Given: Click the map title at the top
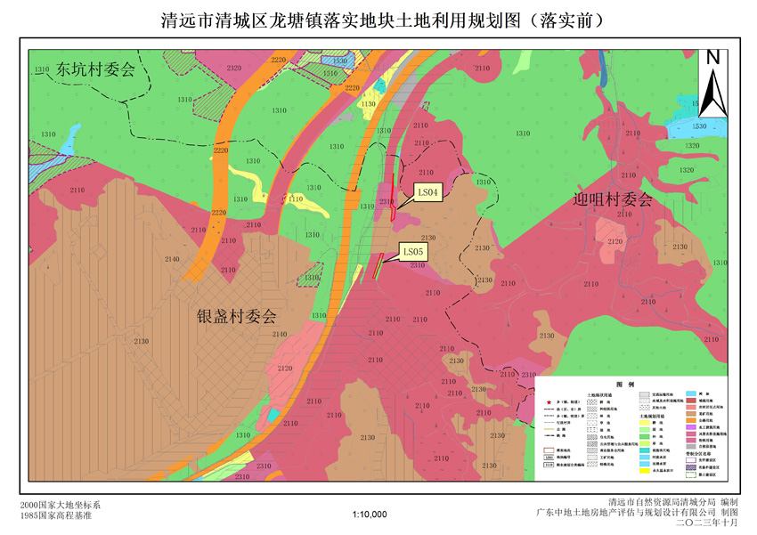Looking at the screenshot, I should pyautogui.click(x=378, y=19).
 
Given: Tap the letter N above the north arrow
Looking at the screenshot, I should pyautogui.click(x=712, y=57).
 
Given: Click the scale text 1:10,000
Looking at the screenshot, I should pyautogui.click(x=370, y=514).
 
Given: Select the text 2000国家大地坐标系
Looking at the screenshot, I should pyautogui.click(x=55, y=504).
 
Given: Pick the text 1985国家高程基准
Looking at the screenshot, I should pyautogui.click(x=55, y=515).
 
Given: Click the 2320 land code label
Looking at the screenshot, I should pyautogui.click(x=234, y=68).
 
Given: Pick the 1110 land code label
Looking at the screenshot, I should pyautogui.click(x=296, y=200).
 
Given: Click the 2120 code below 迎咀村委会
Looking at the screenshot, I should pyautogui.click(x=615, y=241).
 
